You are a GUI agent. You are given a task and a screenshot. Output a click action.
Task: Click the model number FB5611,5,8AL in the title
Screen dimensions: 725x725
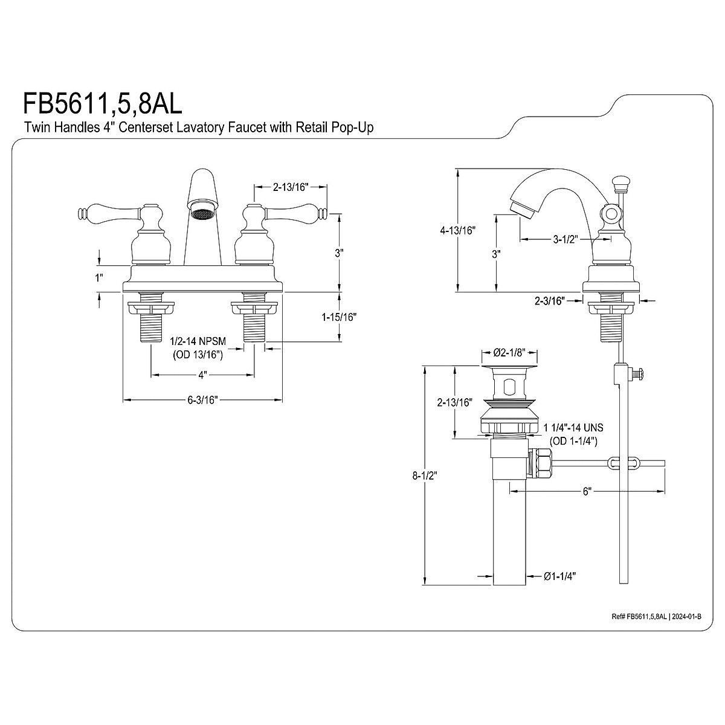[x=102, y=103]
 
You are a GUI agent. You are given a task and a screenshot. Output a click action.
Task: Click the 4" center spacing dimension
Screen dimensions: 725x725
[x=202, y=375]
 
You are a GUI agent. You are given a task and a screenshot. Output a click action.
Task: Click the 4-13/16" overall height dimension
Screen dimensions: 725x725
[x=459, y=230]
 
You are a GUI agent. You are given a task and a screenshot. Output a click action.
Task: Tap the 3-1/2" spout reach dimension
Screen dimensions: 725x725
[x=565, y=239]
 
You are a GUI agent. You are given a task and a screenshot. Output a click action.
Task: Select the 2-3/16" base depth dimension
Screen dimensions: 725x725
[x=549, y=300]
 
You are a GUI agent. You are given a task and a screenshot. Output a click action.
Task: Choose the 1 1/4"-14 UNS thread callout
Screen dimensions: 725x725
[x=573, y=428]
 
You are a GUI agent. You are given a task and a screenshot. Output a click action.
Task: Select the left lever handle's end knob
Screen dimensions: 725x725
[x=82, y=213]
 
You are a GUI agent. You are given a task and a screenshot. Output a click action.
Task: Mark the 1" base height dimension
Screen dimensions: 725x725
[x=99, y=278]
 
